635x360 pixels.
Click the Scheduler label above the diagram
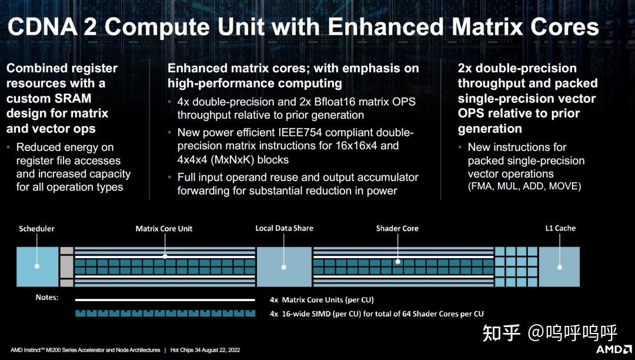36,228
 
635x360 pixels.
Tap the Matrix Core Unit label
164,228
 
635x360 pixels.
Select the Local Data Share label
285,228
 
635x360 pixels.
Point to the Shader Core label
397,228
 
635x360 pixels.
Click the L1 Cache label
560,228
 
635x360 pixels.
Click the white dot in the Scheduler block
37,266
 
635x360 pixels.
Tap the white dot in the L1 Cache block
560,266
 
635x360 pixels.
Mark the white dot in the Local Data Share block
284,266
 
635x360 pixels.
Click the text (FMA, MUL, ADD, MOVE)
524,186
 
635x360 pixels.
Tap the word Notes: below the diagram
47,298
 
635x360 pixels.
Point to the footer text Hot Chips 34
190,350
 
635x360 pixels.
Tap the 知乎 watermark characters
501,333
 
